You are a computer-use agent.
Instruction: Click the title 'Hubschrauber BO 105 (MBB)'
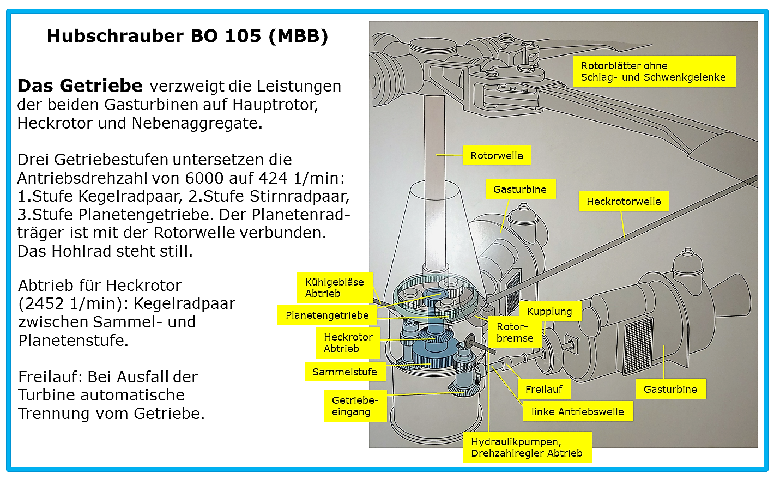pos(188,36)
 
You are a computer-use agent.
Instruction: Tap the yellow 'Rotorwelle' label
pos(497,155)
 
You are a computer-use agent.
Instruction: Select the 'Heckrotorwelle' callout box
pos(624,201)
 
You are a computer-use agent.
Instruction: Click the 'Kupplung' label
pos(550,311)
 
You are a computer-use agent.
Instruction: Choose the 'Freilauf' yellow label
pos(544,390)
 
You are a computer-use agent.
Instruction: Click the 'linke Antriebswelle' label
pos(578,411)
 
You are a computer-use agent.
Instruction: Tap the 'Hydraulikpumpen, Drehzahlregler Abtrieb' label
pos(527,447)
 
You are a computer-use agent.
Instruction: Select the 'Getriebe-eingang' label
pos(355,406)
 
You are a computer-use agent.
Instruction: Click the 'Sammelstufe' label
pos(345,372)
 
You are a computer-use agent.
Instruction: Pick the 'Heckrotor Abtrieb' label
pos(348,343)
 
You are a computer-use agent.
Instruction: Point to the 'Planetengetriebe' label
pos(327,315)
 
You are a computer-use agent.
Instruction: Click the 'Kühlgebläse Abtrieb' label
pos(335,288)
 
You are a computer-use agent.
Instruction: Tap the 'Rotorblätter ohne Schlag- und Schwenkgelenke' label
pos(654,71)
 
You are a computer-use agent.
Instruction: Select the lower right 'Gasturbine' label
pos(670,389)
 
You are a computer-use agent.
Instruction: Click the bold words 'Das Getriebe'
pos(80,86)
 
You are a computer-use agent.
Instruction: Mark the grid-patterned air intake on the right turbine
pos(639,346)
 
